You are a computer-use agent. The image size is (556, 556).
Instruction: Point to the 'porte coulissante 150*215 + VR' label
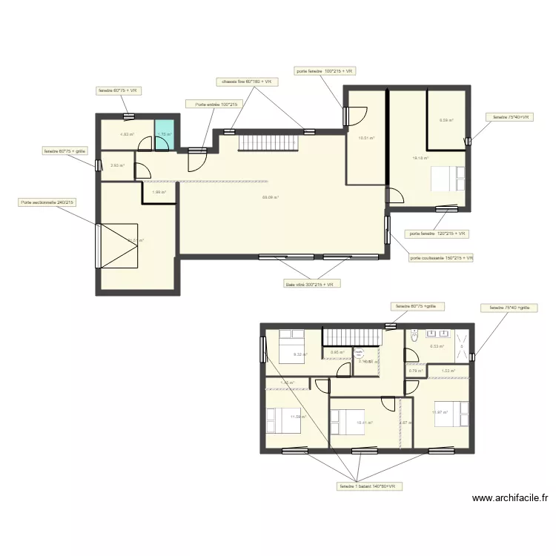(441, 258)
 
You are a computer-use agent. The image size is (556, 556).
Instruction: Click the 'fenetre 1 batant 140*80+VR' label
(367, 486)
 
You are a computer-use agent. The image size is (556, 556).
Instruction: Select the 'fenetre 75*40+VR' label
(509, 117)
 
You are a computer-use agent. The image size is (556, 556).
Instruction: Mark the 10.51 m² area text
(366, 138)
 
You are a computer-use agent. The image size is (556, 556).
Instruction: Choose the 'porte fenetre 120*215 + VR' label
(437, 234)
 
